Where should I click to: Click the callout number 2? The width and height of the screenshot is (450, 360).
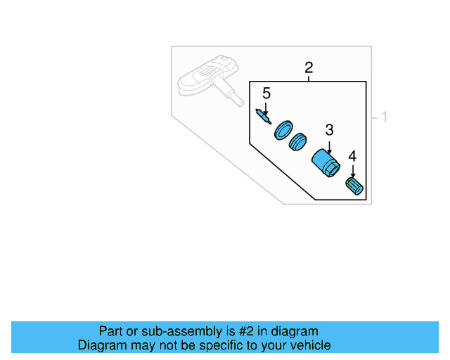click(x=309, y=68)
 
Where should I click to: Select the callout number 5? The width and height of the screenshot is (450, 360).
click(x=266, y=94)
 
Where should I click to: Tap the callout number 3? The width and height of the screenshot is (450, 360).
click(x=329, y=130)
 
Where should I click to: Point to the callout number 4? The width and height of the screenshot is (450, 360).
click(x=353, y=156)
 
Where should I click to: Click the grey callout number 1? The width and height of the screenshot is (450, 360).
click(x=384, y=117)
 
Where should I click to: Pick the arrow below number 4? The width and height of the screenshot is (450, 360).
click(x=353, y=171)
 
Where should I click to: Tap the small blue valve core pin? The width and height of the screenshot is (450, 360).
click(x=263, y=116)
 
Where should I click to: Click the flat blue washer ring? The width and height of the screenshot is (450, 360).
click(x=283, y=129)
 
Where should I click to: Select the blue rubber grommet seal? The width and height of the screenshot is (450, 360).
click(x=299, y=143)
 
